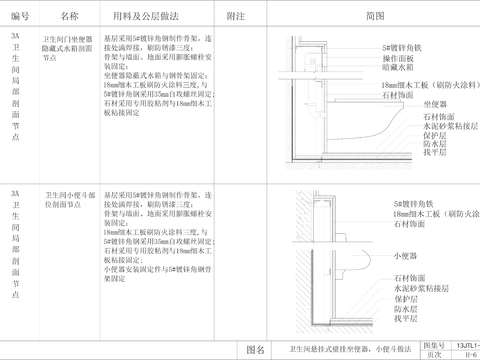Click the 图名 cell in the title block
click(x=255, y=350)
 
